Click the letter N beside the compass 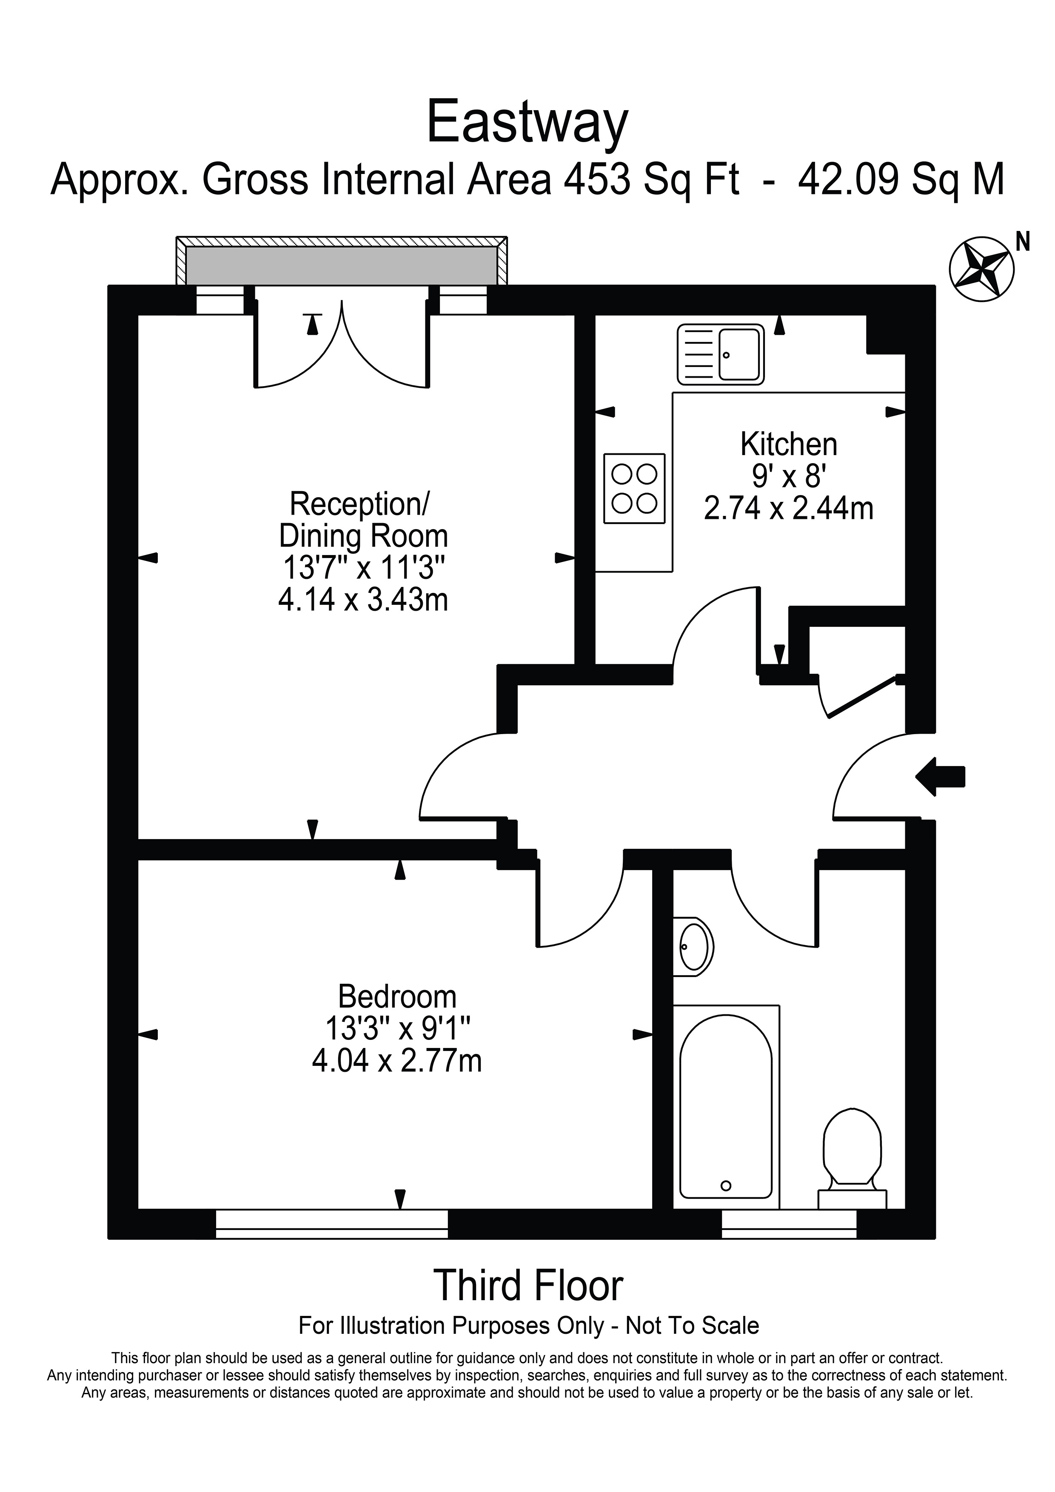1023,242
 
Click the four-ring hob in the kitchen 634,489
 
